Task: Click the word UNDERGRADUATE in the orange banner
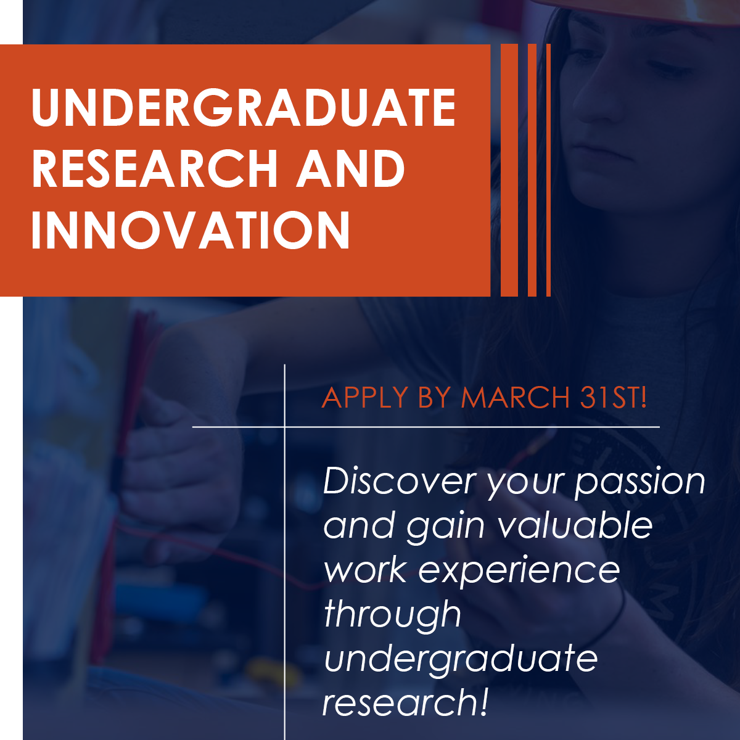pos(244,107)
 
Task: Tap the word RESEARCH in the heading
pos(154,169)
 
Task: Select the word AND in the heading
pos(350,169)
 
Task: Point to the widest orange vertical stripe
pos(509,170)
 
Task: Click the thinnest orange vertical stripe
pos(548,170)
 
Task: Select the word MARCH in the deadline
pos(515,397)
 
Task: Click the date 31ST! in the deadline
pos(613,397)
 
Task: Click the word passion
pos(639,485)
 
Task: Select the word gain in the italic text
pos(445,528)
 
